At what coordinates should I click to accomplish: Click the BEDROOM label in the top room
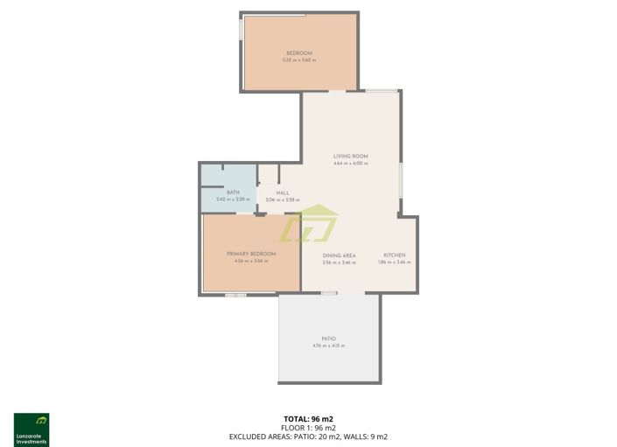pos(298,53)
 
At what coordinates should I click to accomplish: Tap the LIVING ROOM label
pos(350,157)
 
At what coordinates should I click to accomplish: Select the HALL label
pos(283,193)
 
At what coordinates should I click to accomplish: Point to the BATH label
pos(233,192)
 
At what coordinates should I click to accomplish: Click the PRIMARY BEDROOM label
pos(250,254)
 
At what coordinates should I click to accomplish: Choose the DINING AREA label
pos(339,255)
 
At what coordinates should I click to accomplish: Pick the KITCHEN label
pos(394,255)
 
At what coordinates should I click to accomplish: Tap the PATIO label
pos(328,339)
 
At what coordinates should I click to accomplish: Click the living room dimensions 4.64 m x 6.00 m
pos(350,164)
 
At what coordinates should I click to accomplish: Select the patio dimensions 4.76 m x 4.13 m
pos(328,346)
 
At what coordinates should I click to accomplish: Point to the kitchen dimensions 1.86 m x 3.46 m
pos(394,262)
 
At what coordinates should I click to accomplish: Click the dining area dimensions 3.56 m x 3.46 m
pos(339,262)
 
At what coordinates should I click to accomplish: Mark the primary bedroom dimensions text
pos(250,261)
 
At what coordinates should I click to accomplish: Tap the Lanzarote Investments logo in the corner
pos(32,430)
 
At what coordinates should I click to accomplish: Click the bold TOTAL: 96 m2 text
pos(308,419)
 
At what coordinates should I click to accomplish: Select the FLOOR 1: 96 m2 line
pos(308,428)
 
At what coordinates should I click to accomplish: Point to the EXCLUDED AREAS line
pos(308,437)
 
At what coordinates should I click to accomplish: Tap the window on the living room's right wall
pos(401,185)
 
